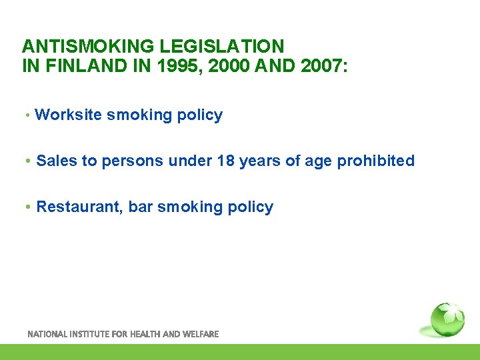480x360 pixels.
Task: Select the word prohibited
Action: pos(378,161)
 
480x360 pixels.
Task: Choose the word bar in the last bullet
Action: pos(141,207)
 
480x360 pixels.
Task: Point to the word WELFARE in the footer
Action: pos(199,334)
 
